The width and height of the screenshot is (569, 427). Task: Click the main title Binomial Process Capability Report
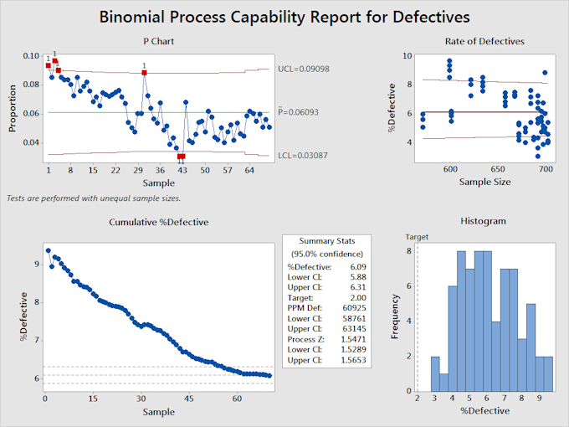[284, 16]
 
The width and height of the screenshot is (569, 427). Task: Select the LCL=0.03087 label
[305, 156]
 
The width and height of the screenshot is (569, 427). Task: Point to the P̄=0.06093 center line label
[305, 112]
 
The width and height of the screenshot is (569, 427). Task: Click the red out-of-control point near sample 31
[144, 73]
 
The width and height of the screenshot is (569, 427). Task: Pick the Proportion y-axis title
[13, 106]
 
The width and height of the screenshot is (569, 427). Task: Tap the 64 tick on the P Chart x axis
[249, 171]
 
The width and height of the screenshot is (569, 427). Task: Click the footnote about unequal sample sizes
[93, 198]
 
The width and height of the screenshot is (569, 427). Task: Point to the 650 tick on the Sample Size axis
[498, 168]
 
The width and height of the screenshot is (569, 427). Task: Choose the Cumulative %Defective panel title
[159, 222]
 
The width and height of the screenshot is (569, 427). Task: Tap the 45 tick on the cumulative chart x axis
[189, 399]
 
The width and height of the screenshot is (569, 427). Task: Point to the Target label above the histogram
[417, 237]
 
